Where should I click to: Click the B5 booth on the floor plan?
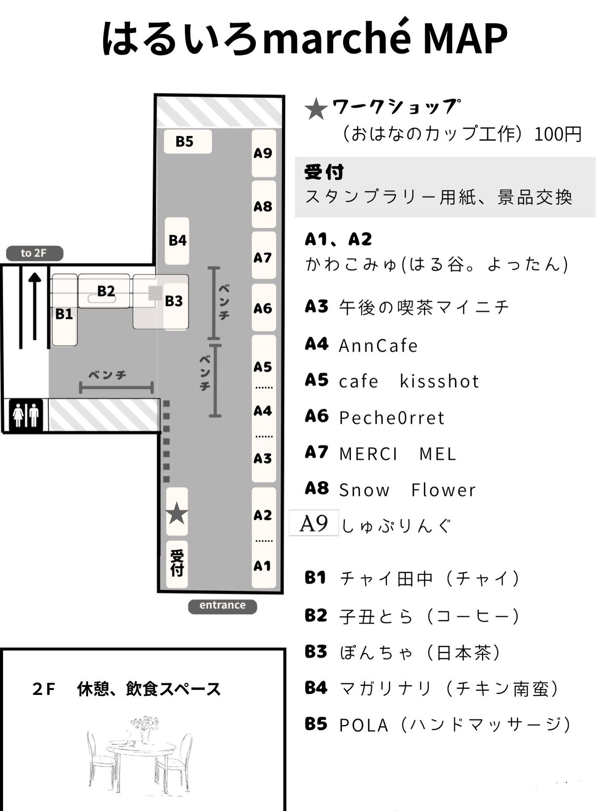click(x=188, y=142)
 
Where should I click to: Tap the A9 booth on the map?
click(x=264, y=153)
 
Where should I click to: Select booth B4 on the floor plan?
click(x=177, y=241)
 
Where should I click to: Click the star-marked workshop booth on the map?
click(x=177, y=512)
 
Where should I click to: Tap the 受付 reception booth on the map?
click(x=177, y=564)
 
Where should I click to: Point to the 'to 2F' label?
click(x=34, y=253)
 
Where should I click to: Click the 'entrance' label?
click(x=222, y=605)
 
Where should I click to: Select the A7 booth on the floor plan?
click(x=264, y=257)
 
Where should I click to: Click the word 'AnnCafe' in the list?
click(x=378, y=346)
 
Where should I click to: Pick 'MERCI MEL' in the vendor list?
click(x=397, y=454)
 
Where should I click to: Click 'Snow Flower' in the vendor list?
click(x=407, y=490)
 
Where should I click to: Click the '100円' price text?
click(x=557, y=134)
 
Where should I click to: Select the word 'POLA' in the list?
click(x=363, y=725)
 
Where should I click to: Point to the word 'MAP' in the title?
click(x=464, y=38)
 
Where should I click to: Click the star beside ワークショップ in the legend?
click(x=316, y=109)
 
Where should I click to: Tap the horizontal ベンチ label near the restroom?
click(x=108, y=375)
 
